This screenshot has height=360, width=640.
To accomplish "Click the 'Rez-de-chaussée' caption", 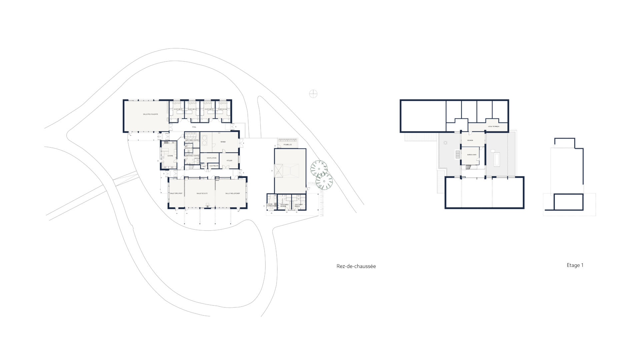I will coord(356,266).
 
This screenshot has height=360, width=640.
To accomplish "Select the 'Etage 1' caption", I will coord(575,265).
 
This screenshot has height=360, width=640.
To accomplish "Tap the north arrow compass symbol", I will coord(313,94).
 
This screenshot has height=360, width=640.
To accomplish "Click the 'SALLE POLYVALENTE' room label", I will coord(150,114).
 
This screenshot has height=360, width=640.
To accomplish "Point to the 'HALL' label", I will coord(194,127).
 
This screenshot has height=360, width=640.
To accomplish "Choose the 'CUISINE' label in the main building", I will coord(170,156).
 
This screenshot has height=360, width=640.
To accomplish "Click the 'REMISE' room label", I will coord(223,142).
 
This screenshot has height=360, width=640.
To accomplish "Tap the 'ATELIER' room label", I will coord(229,160).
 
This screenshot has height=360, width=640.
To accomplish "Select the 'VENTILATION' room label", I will coord(211,158).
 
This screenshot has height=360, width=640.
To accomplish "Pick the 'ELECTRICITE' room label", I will coord(214,166).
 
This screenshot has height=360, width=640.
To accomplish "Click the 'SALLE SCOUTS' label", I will coord(202,193).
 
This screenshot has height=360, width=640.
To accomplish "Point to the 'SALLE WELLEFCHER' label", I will coord(232,193).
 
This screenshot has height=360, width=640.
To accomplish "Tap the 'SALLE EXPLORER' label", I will coord(176,193).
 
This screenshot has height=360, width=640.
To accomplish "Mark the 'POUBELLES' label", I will coord(288,145).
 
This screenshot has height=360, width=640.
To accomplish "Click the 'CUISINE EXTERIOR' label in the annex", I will coord(270,205).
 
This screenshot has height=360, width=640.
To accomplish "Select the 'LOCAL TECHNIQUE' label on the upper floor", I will coord(493,127).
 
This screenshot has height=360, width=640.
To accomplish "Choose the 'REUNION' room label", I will coord(470,140).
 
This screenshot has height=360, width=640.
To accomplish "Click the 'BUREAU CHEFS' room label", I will coord(472,155).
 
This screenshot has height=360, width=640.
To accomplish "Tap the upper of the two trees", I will coord(319,168).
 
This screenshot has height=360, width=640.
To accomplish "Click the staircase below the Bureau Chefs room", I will coord(470,167).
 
